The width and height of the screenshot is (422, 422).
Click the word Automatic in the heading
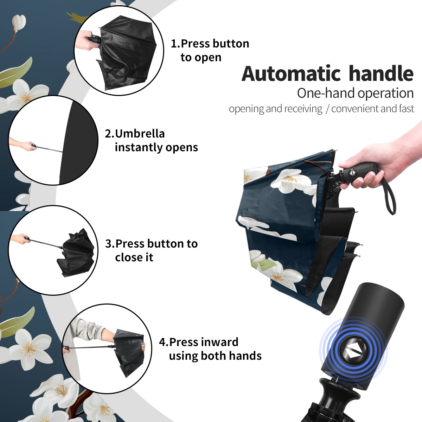pos(291,74)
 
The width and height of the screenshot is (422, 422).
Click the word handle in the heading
pos(381,73)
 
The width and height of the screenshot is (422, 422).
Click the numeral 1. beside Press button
pos(175,44)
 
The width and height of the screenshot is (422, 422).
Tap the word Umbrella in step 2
pos(140,134)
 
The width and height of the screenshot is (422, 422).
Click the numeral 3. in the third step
pos(110,244)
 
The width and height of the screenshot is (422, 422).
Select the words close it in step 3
pos(134,257)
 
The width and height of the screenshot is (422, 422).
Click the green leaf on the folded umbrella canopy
pos(266,264)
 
